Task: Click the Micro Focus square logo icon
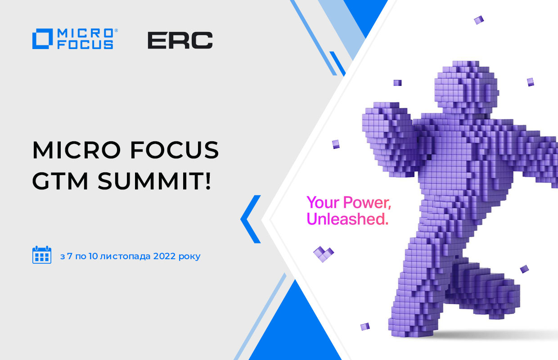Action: point(43,39)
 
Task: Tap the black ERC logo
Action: point(180,40)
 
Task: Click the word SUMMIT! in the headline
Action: point(154,180)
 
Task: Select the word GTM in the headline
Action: point(60,180)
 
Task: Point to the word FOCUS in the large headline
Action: point(175,150)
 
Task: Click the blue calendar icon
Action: point(42,255)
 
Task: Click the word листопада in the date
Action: point(125,256)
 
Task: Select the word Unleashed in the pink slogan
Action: point(346,219)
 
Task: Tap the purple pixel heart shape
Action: point(324,254)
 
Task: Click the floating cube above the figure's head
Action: point(479,20)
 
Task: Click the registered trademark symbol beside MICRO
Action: point(116,31)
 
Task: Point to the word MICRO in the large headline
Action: point(76,150)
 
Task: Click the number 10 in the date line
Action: point(93,256)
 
